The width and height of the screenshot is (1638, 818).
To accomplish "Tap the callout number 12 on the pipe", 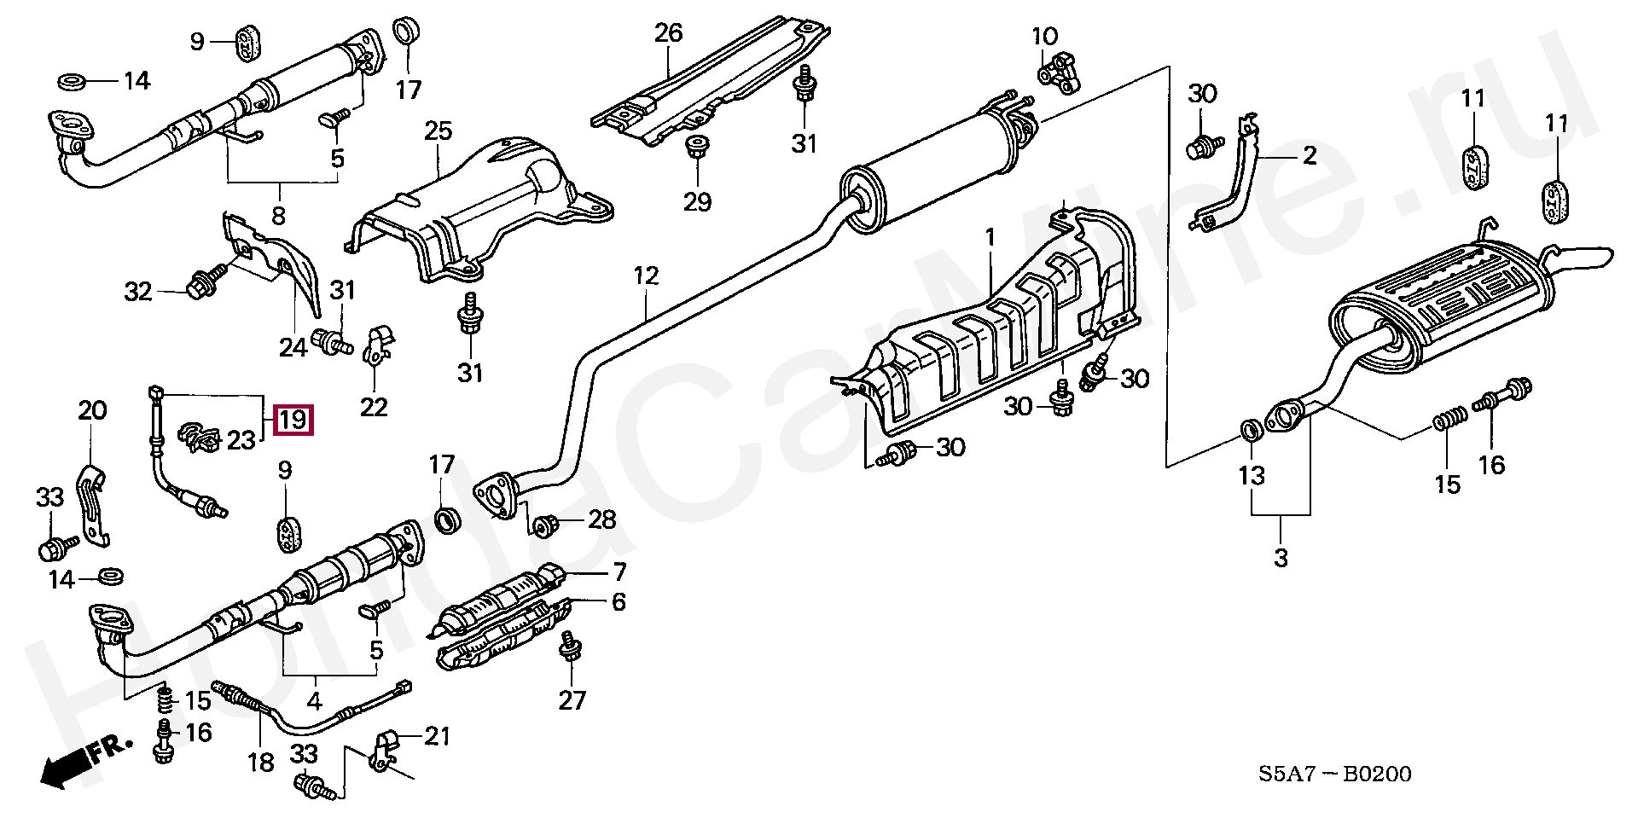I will (646, 276).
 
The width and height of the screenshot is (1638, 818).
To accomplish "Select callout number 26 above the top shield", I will (669, 34).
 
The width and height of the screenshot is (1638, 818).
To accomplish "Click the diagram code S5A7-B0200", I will (1334, 774).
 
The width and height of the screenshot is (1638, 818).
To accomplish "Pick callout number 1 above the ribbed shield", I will (990, 239).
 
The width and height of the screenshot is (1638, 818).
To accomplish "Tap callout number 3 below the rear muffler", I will (1280, 559).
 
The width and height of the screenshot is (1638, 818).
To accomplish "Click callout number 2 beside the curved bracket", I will (1309, 156).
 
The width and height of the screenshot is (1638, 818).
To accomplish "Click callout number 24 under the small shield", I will (292, 348).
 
